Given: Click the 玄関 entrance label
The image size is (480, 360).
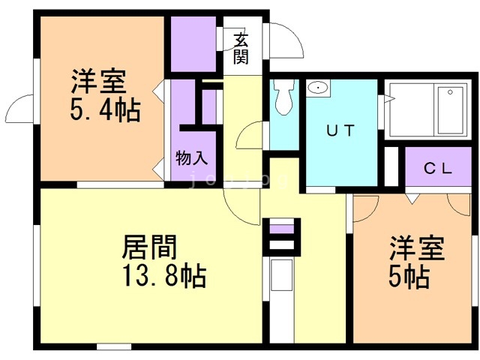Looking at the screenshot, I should tap(241, 49).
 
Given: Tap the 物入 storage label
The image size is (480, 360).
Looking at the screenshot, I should tap(191, 158).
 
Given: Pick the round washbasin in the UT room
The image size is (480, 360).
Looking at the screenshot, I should tap(318, 88).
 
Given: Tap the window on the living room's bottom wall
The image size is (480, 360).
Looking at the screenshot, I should tap(113, 346).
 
